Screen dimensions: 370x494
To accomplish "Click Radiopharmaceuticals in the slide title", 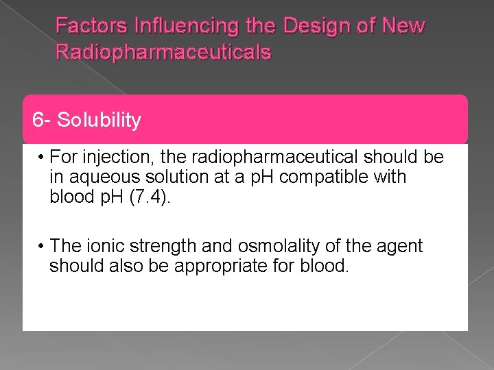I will click(x=163, y=52).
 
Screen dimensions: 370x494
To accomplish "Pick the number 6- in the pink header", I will click(x=42, y=121).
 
